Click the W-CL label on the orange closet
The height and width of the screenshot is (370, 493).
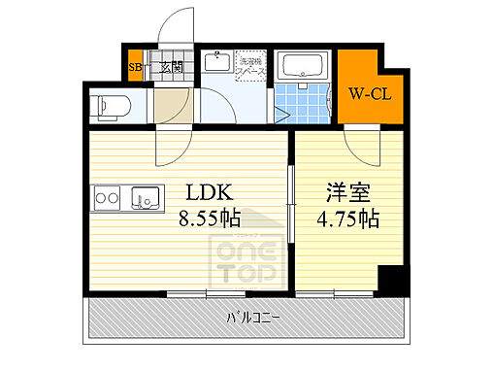pos(369,95)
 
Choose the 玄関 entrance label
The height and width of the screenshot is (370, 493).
pos(171,67)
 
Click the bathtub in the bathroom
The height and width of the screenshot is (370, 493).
pos(303,66)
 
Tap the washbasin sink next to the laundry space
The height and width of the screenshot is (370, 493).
pos(217,64)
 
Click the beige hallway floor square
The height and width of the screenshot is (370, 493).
pos(171,104)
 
